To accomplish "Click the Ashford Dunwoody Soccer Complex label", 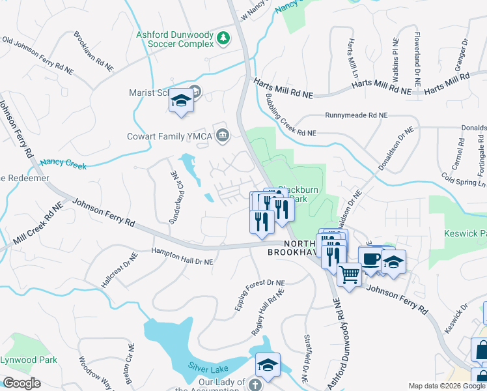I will point(174,39).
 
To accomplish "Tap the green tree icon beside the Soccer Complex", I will point(223,38).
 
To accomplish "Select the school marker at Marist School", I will point(182,101).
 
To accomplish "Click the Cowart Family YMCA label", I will point(170,137).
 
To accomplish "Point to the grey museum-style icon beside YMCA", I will point(223,136).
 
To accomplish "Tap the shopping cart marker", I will point(350,276).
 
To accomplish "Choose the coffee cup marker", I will point(371,259).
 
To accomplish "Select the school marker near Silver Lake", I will point(268,366).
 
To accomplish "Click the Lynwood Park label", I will point(29,360).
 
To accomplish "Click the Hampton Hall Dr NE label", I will point(182,256).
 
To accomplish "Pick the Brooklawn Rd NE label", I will point(95,51).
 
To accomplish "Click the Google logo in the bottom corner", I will point(22,383).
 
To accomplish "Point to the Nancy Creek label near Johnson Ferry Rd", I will point(63,162).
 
